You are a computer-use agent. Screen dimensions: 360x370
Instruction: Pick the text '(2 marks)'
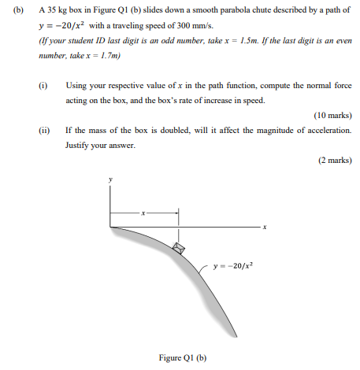coord(334,160)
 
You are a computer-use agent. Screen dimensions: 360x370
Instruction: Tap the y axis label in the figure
coord(110,180)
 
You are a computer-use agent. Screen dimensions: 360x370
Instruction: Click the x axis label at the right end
coord(265,228)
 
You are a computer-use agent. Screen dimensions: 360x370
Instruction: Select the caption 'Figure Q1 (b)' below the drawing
coord(182,357)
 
